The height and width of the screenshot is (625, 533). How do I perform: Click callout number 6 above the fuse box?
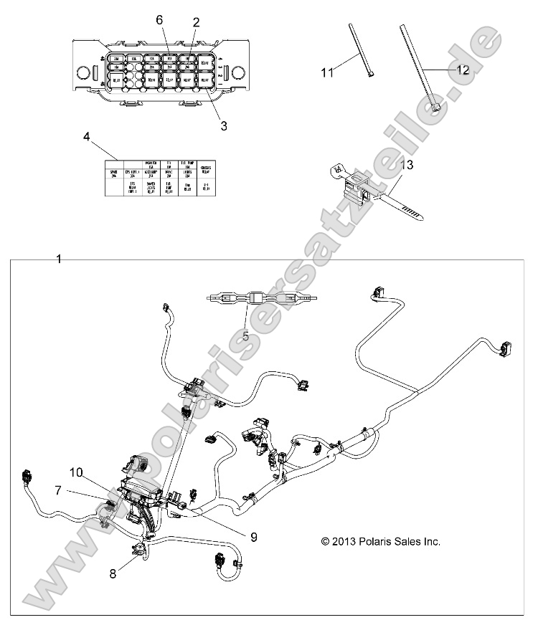(160, 21)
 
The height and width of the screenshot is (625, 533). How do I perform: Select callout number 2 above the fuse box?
(195, 22)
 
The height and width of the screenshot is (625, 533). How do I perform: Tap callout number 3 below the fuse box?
(223, 125)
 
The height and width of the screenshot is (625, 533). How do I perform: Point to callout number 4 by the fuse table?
(86, 135)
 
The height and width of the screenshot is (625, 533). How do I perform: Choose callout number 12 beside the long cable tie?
(462, 70)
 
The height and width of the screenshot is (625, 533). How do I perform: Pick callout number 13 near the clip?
(426, 166)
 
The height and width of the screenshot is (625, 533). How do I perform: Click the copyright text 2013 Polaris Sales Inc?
(380, 542)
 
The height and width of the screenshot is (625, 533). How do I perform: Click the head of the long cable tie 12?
(437, 109)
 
